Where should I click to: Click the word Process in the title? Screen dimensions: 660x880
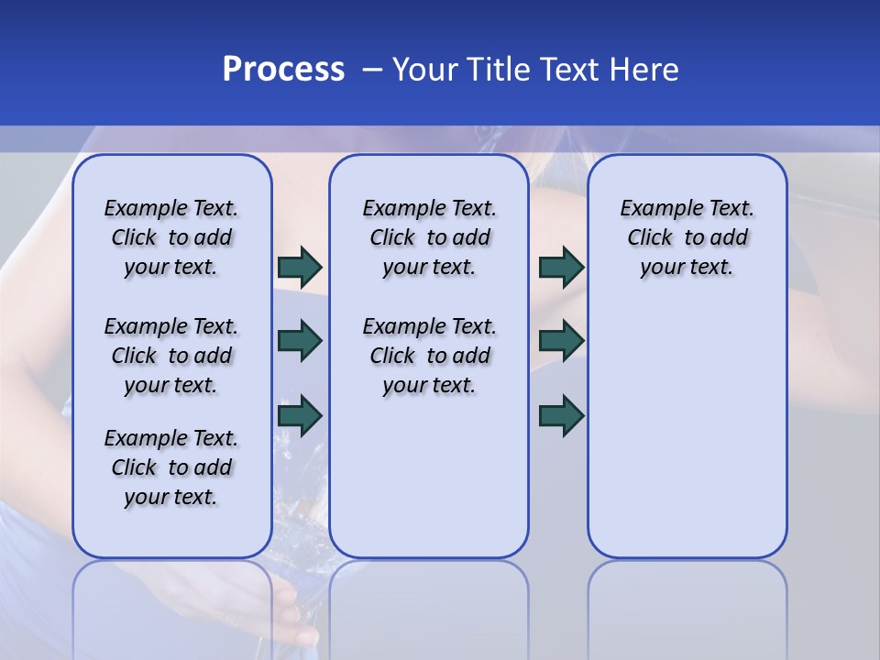[283, 70]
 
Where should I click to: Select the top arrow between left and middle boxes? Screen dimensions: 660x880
[300, 267]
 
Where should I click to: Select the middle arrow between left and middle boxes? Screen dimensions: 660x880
[300, 341]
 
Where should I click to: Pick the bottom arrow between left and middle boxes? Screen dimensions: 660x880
[300, 416]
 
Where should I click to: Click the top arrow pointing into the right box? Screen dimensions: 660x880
[561, 267]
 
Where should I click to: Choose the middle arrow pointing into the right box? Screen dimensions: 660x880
[561, 341]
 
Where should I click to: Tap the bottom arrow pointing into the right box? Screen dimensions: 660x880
[561, 416]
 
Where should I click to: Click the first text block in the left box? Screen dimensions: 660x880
[171, 237]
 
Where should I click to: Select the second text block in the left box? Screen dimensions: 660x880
[171, 356]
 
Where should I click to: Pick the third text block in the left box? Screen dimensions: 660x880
[171, 467]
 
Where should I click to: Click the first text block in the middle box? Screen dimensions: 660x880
[430, 237]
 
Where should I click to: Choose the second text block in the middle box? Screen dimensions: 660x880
[430, 356]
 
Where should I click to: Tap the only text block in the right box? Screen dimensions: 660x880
[687, 237]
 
